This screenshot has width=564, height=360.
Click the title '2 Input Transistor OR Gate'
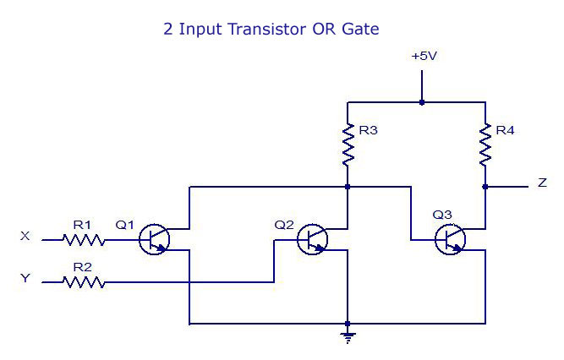click(271, 29)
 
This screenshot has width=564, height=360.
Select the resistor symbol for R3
click(348, 144)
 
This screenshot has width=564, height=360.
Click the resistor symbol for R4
click(485, 144)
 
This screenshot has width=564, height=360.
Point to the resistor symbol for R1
click(84, 240)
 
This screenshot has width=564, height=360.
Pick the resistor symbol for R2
click(84, 282)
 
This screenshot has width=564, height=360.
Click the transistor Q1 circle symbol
click(156, 240)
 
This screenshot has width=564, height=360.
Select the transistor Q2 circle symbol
click(314, 240)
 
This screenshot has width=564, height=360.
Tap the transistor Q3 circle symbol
click(451, 240)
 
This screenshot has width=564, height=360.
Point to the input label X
click(25, 237)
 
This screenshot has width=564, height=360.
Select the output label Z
click(541, 183)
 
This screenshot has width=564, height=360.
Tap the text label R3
click(368, 131)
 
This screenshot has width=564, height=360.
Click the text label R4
click(506, 131)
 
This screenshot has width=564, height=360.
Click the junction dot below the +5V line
click(422, 103)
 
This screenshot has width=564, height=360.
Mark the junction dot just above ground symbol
click(348, 324)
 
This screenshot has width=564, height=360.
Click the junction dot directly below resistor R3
click(348, 186)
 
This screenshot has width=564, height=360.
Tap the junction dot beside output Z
click(485, 186)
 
